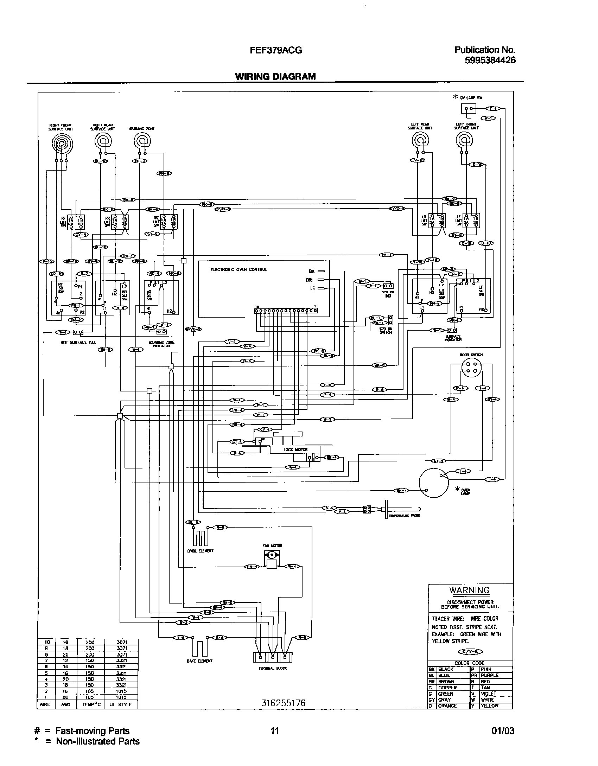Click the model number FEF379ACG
point(276,51)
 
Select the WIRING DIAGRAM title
point(275,76)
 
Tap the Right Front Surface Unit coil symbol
point(62,143)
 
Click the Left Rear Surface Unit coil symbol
point(420,141)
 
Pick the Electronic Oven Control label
point(238,269)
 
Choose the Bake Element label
point(199,661)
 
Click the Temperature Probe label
point(404,516)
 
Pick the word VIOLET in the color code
point(488,694)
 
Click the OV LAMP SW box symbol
point(469,109)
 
